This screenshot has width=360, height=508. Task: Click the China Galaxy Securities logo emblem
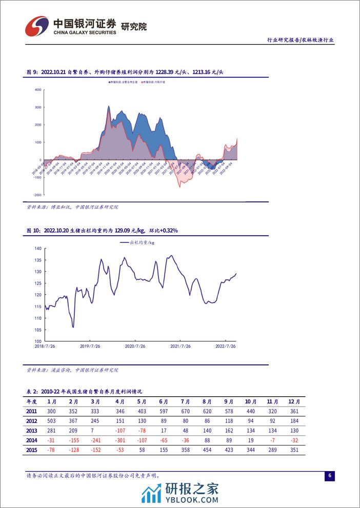35,25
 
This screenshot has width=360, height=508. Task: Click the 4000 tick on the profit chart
37,90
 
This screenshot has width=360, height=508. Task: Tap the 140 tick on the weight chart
37,248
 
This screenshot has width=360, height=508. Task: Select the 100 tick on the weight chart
37,341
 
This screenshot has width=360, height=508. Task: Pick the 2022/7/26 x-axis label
226,347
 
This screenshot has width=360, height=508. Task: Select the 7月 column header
186,401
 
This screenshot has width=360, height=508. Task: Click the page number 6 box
330,476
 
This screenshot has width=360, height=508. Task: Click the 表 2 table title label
32,391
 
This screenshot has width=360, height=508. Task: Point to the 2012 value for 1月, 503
51,420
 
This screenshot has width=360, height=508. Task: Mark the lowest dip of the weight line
73,327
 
